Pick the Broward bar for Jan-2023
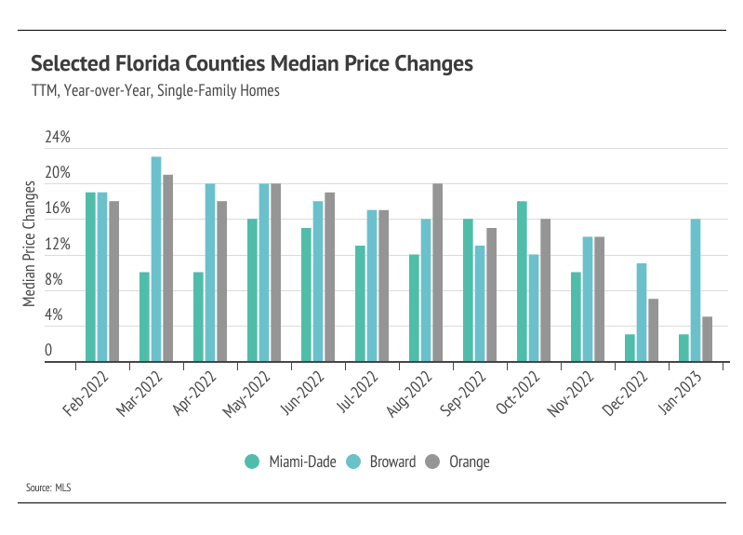(x=695, y=290)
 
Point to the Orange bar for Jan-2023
(x=707, y=339)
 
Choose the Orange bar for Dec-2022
(x=653, y=329)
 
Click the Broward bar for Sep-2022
(x=479, y=303)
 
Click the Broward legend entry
(x=382, y=461)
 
